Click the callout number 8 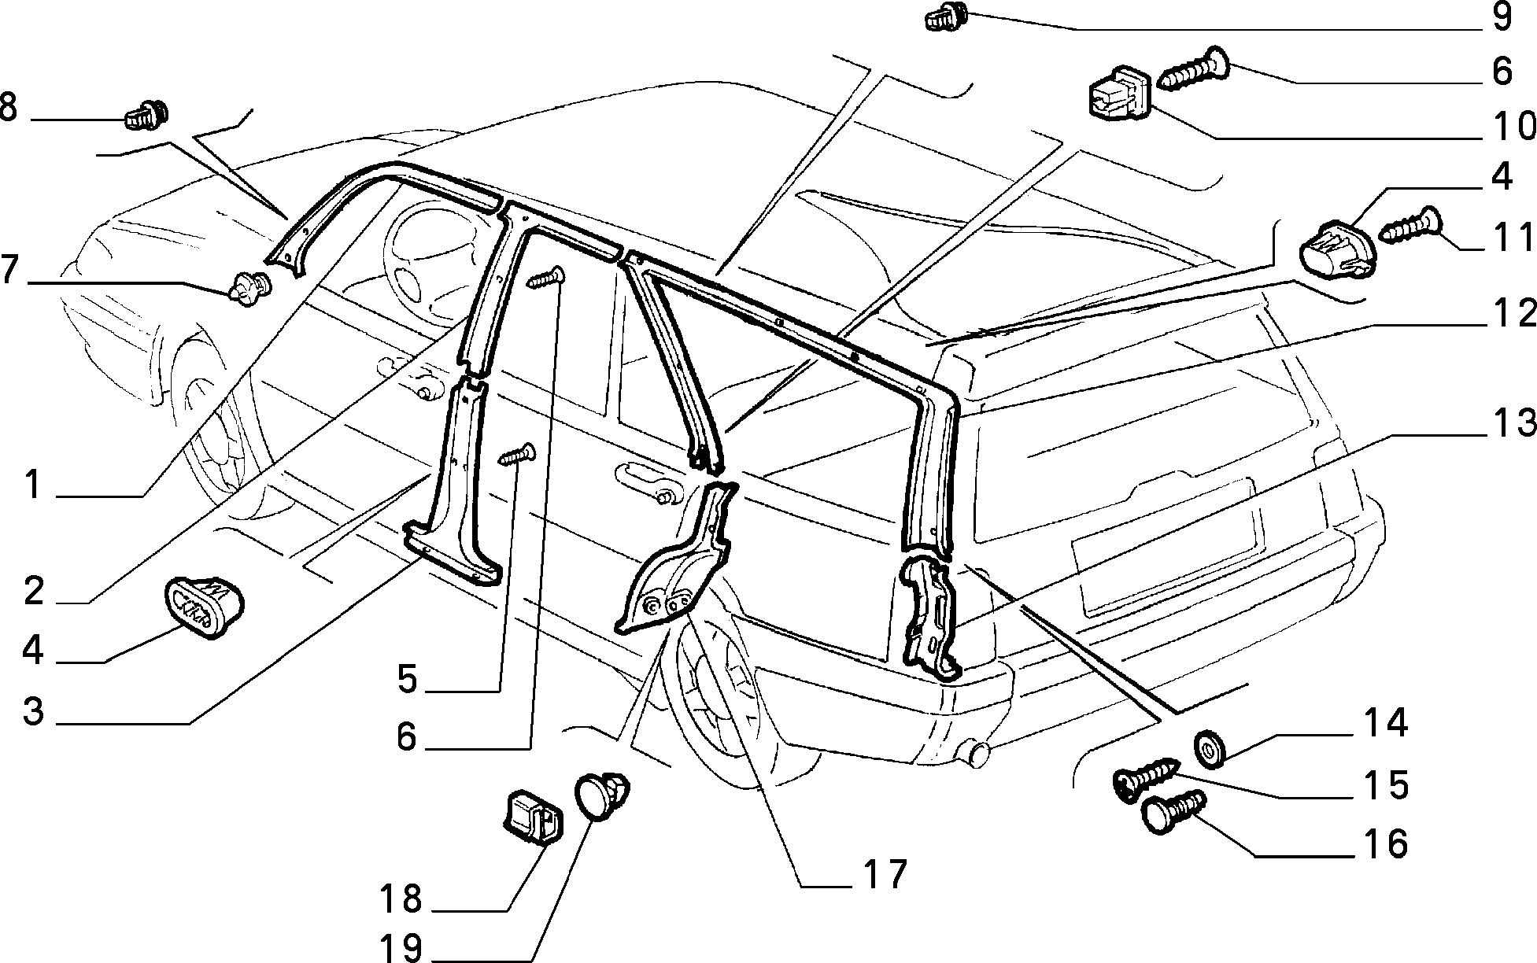coord(9,108)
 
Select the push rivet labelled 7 coord(250,287)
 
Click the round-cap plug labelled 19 coord(603,795)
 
